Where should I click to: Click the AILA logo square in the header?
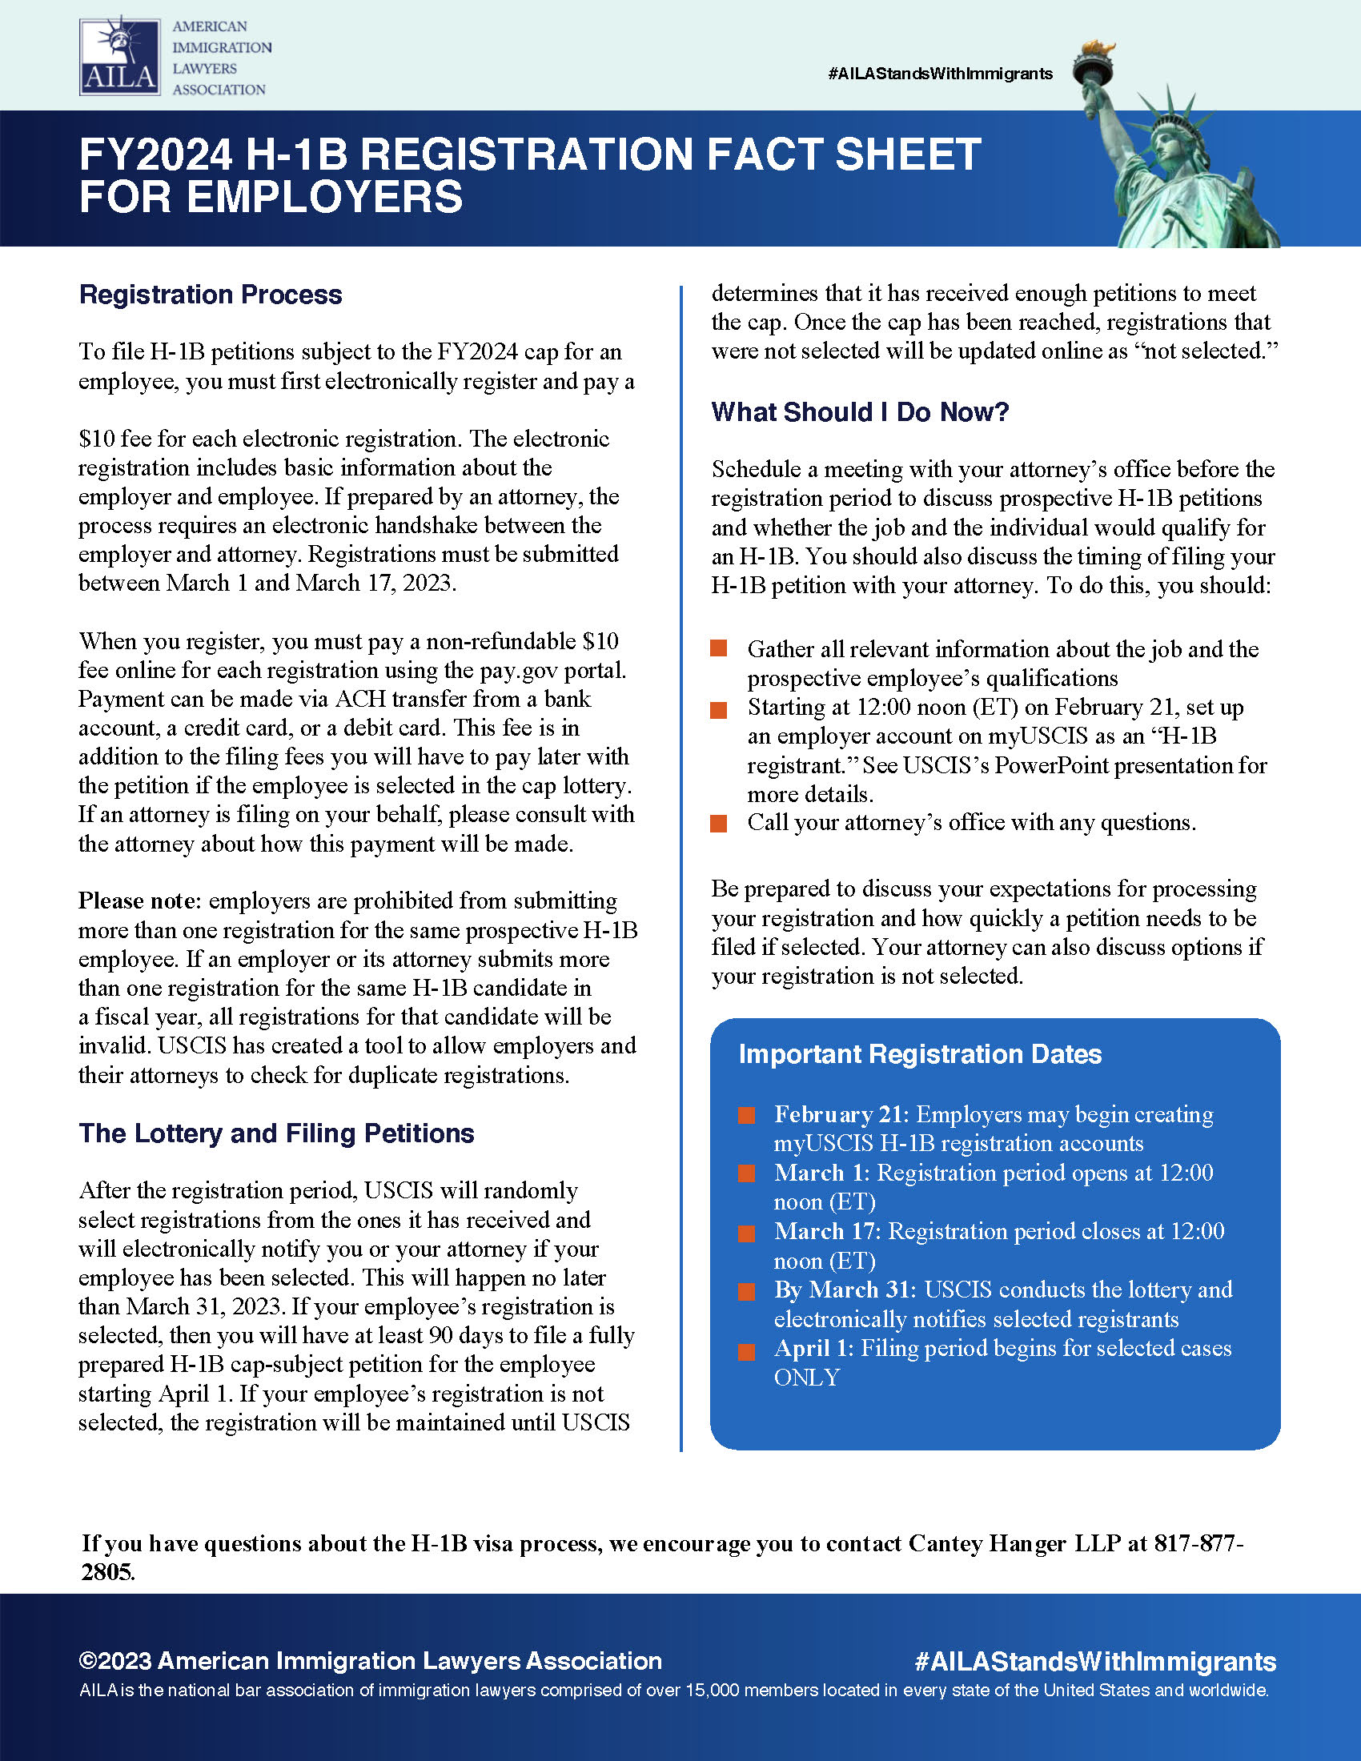click(x=119, y=58)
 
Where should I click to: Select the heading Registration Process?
click(x=211, y=295)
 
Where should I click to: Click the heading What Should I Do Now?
click(x=860, y=412)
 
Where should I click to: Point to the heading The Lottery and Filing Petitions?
click(x=276, y=1133)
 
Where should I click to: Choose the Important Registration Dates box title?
click(x=920, y=1054)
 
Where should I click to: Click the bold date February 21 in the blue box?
click(x=841, y=1114)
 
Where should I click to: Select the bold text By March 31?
click(x=844, y=1290)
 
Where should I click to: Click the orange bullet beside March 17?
click(x=747, y=1233)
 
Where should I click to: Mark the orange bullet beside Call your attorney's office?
click(x=718, y=823)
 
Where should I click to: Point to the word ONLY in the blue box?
click(x=806, y=1378)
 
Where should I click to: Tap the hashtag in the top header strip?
click(x=940, y=74)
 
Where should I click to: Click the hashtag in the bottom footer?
click(x=1095, y=1661)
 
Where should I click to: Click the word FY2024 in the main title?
click(x=155, y=154)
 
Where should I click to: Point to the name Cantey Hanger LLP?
click(x=1014, y=1543)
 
